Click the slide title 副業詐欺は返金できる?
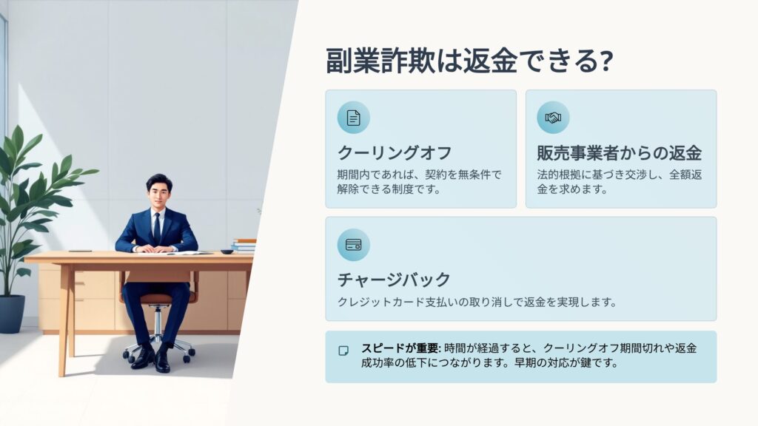469,61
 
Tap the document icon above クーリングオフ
353,118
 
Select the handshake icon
553,118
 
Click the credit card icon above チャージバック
353,245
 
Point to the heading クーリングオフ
395,153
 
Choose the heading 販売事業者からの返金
620,153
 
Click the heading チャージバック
394,280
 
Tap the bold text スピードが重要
400,348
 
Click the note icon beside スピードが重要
343,351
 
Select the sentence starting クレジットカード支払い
477,302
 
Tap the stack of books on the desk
244,246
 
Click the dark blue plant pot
12,314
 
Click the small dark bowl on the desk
227,251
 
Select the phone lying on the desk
80,251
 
